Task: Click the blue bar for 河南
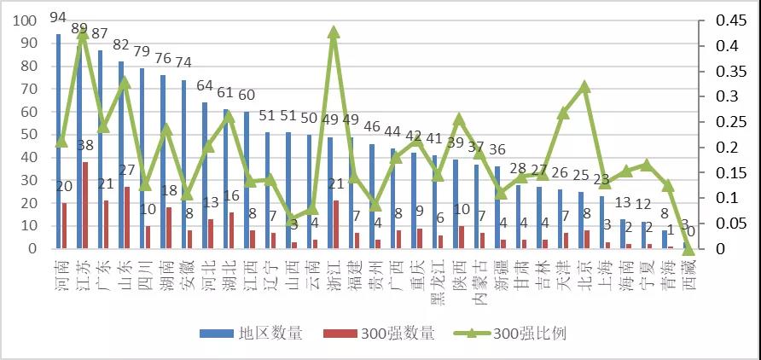tap(59, 142)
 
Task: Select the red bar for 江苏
tap(84, 206)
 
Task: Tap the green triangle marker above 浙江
tap(334, 32)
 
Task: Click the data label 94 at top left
tap(58, 17)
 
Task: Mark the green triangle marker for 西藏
tap(688, 248)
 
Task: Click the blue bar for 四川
tap(142, 159)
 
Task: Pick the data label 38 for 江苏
tap(84, 145)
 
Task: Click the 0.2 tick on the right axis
tap(711, 148)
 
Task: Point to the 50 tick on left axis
tap(29, 135)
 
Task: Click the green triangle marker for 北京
tap(584, 87)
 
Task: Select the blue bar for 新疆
tap(497, 207)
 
